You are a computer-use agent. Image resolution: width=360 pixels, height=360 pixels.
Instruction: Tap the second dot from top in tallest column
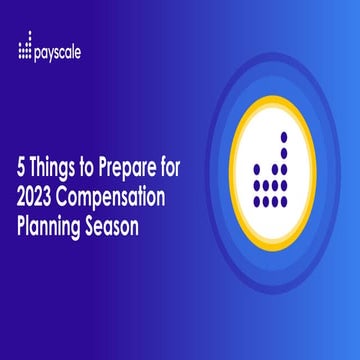(x=284, y=152)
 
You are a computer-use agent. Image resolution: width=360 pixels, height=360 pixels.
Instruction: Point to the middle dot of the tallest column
(x=284, y=169)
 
